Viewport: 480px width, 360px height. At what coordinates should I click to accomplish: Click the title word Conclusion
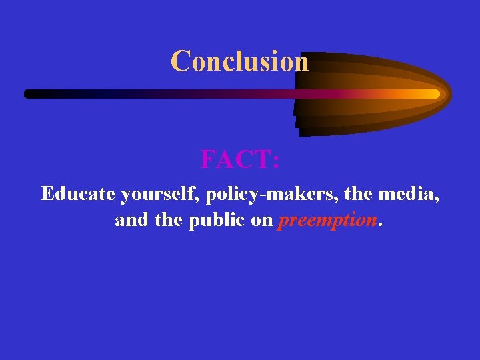pos(240,61)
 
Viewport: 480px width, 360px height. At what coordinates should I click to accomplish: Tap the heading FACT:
pos(240,160)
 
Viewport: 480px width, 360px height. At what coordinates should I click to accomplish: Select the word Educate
pos(78,194)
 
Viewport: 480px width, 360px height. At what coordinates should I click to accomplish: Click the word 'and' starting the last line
pos(132,220)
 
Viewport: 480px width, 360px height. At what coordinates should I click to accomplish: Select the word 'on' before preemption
pos(261,221)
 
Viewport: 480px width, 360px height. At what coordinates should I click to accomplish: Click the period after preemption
pos(380,225)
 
